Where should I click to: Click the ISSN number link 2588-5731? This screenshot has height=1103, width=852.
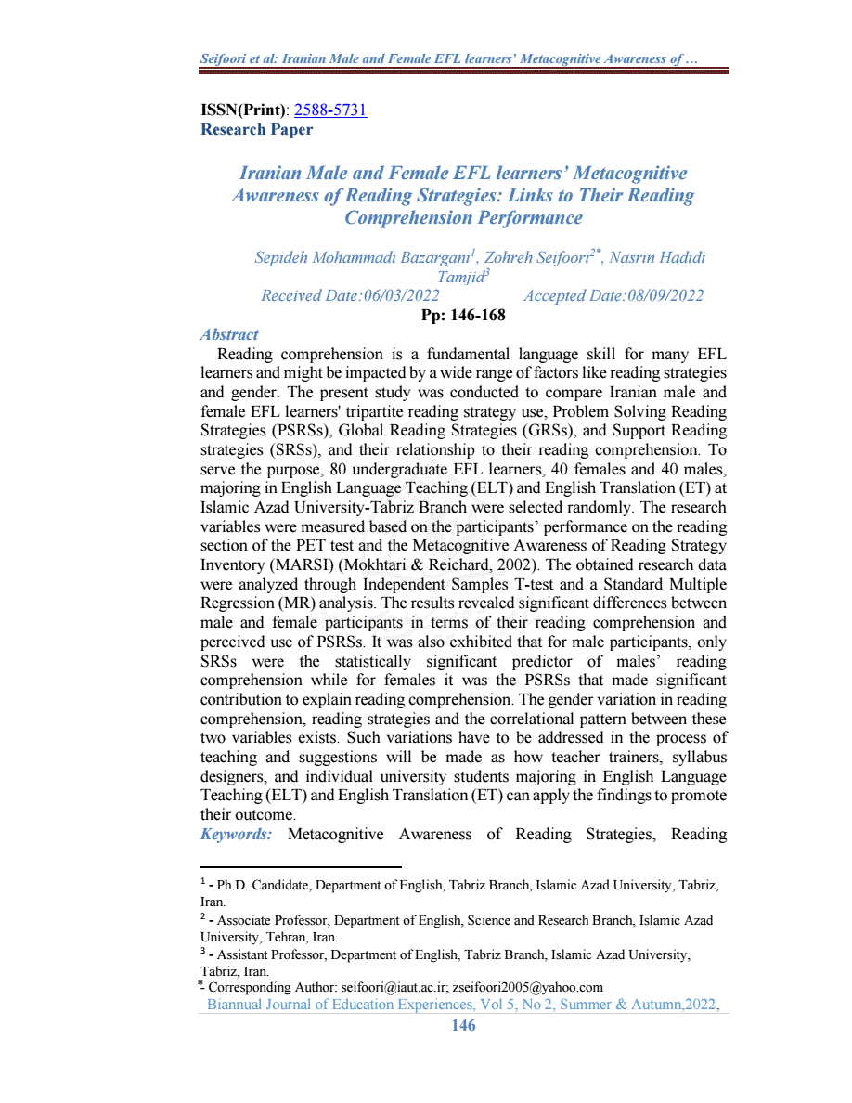click(x=330, y=110)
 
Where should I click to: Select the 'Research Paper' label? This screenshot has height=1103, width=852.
click(x=256, y=130)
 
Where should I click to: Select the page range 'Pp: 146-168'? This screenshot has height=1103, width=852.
click(x=463, y=316)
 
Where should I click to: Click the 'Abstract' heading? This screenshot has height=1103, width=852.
click(x=229, y=334)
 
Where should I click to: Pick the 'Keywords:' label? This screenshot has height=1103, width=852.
click(x=236, y=834)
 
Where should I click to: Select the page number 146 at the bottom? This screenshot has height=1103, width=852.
click(x=463, y=1025)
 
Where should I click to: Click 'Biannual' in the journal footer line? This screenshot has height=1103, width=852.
click(x=236, y=1005)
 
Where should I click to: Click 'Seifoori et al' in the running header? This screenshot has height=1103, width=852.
click(x=239, y=60)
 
